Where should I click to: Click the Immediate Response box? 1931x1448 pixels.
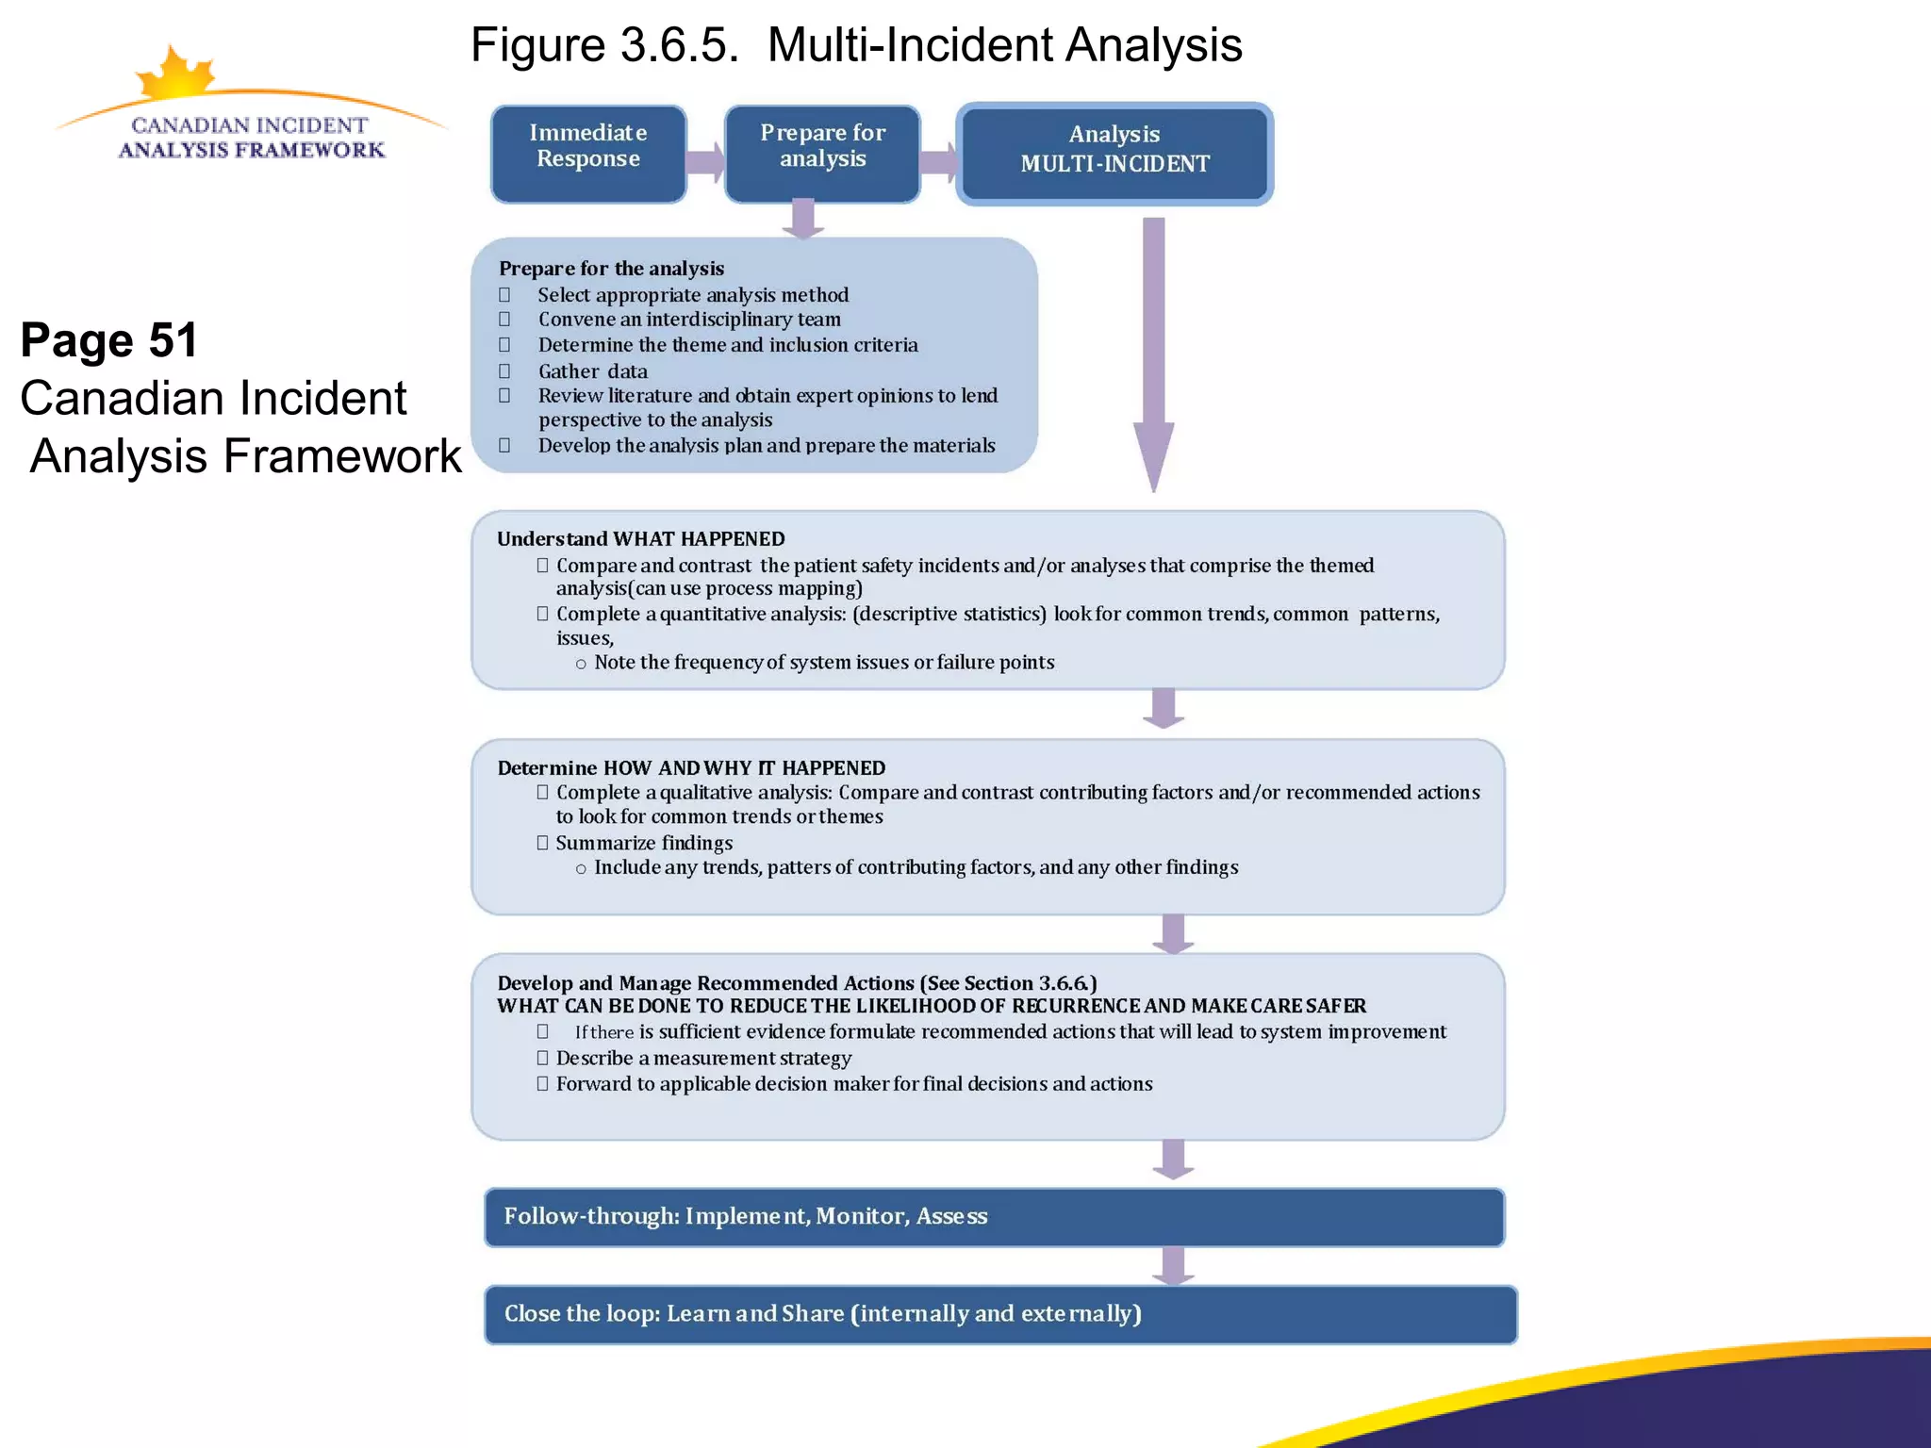click(588, 154)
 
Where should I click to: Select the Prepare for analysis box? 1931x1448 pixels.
click(822, 154)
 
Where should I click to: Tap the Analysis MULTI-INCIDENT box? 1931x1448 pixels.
click(1114, 154)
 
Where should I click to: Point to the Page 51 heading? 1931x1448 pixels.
click(109, 340)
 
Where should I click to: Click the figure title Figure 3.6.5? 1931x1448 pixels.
click(604, 44)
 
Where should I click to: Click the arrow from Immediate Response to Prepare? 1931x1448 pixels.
click(705, 163)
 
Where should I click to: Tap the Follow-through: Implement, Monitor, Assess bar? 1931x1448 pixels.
click(994, 1217)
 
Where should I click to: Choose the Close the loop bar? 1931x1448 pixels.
click(999, 1314)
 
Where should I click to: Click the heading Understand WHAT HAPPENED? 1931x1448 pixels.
click(640, 539)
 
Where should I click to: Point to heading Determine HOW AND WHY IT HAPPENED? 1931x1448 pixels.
click(691, 768)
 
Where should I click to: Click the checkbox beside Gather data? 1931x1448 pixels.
click(504, 371)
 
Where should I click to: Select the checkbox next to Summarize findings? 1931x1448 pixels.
click(542, 843)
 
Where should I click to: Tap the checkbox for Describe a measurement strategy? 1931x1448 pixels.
click(542, 1058)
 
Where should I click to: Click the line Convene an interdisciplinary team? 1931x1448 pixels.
click(689, 320)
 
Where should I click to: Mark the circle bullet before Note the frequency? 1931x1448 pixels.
click(581, 664)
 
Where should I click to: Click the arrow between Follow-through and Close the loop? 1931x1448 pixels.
click(1173, 1266)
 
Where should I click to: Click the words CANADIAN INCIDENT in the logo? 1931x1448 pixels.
click(250, 125)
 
